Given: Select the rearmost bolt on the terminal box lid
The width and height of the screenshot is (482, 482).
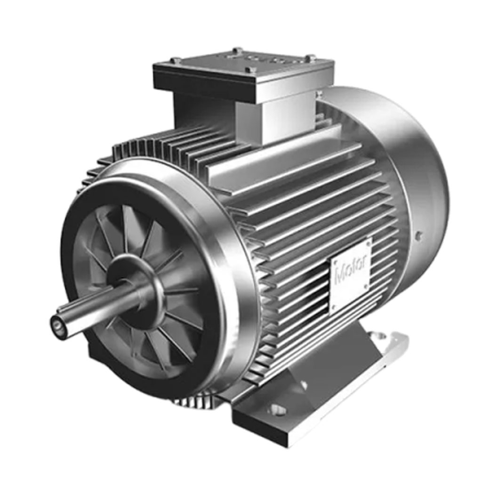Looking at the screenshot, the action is (237, 49).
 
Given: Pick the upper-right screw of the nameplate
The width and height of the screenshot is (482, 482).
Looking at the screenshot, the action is (368, 243).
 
